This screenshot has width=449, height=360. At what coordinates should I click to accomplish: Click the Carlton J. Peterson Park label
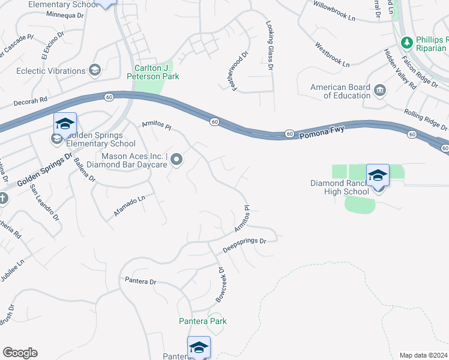[153, 72]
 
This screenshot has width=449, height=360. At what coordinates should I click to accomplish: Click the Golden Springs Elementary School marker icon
[65, 124]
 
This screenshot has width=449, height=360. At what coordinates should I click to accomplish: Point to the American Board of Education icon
[379, 91]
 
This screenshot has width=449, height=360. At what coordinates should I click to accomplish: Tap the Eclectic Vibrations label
[50, 71]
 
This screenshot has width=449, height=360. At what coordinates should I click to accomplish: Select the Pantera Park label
[203, 321]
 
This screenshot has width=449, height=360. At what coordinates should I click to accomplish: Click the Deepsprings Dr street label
[244, 244]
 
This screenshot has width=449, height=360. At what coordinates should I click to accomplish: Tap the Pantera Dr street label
[140, 281]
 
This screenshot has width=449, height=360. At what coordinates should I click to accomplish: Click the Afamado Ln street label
[130, 206]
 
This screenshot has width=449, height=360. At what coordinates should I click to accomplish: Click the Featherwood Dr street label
[238, 71]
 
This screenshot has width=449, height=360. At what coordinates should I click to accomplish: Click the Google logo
[20, 353]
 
